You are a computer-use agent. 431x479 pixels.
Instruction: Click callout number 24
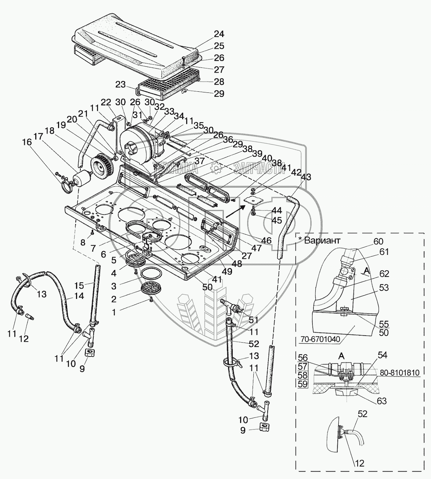[219, 34]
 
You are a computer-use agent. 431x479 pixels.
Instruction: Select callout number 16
[27, 142]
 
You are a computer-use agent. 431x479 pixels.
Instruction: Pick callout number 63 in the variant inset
[381, 401]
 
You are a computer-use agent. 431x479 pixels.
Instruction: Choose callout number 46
[267, 241]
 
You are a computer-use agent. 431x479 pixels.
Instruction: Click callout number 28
[219, 81]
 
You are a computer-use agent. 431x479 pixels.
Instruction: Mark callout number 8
[83, 242]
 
